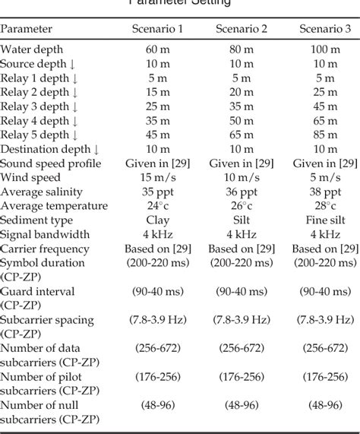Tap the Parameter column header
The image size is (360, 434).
tap(27, 29)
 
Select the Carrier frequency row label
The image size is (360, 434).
tap(45, 249)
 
